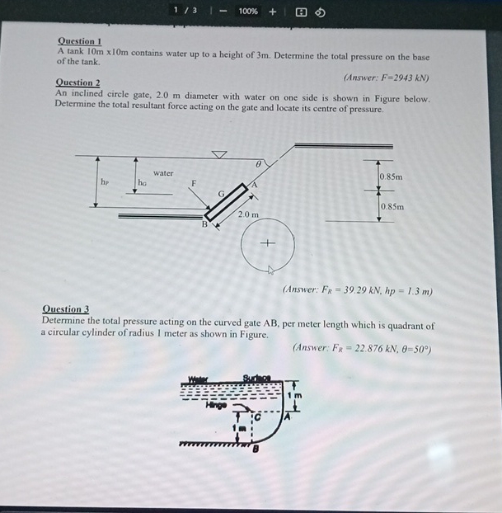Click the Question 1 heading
79,41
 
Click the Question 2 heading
77,82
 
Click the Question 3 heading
65,309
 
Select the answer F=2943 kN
385,78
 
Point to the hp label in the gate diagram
104,181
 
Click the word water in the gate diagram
163,173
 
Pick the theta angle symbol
258,165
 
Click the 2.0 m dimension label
247,214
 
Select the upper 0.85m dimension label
392,176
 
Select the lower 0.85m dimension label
392,206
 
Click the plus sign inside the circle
266,243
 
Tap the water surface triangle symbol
219,153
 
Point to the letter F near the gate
195,182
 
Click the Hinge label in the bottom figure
217,404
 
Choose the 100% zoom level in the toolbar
248,11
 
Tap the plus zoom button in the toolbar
272,11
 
